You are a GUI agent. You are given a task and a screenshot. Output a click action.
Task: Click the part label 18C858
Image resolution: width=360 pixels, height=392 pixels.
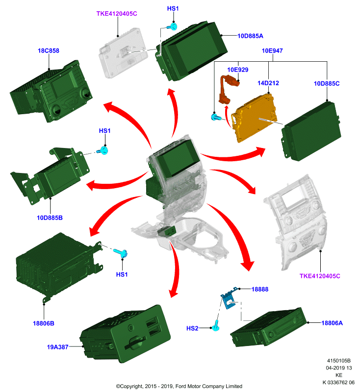click(49, 51)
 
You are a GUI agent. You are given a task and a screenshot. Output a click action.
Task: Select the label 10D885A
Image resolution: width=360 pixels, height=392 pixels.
click(250, 36)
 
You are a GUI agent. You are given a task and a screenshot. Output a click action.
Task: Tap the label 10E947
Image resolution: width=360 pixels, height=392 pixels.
click(272, 51)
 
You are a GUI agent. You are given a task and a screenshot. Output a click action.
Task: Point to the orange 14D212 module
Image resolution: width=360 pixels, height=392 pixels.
click(255, 118)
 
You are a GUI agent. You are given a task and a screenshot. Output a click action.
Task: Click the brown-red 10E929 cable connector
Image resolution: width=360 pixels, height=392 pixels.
click(227, 89)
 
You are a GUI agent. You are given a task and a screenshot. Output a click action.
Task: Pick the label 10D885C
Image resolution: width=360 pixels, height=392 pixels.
click(327, 83)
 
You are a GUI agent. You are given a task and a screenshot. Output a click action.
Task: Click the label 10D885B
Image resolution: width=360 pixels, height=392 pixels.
click(50, 218)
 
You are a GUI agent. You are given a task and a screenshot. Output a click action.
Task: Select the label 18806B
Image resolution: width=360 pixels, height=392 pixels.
click(44, 323)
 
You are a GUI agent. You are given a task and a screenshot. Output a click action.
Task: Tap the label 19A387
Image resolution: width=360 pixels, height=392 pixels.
click(57, 347)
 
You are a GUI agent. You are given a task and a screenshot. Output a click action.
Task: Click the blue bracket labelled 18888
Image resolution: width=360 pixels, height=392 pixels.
click(229, 298)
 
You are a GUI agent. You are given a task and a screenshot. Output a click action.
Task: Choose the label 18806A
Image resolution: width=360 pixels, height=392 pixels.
click(332, 323)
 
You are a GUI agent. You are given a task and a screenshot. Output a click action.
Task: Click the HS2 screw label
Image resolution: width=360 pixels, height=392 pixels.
click(192, 328)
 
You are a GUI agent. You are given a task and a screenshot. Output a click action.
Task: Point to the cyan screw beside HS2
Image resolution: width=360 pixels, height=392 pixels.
click(216, 326)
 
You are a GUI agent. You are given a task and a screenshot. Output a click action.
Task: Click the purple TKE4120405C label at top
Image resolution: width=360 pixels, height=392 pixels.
click(117, 14)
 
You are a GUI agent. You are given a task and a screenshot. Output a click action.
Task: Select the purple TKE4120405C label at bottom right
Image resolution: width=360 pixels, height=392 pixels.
click(320, 276)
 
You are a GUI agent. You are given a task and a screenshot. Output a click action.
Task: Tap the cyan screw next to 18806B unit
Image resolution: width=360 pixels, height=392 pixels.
click(121, 252)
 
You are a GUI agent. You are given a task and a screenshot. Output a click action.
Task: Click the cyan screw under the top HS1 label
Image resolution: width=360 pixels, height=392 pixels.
click(172, 26)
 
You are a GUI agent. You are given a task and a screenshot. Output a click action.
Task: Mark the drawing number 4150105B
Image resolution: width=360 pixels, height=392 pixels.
click(339, 361)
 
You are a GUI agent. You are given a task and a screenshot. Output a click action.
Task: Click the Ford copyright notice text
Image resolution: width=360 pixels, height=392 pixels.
click(179, 386)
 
